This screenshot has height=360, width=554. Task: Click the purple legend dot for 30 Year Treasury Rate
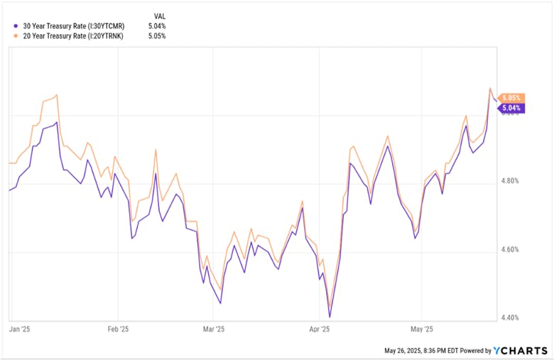click(17, 26)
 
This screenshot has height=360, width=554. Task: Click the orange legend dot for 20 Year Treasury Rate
click(17, 36)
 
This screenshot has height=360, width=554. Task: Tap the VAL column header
click(161, 15)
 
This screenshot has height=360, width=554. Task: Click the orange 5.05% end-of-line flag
click(511, 98)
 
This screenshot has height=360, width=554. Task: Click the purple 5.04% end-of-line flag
click(511, 108)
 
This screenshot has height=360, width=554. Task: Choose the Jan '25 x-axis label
click(19, 329)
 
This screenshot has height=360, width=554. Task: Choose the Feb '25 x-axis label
click(118, 329)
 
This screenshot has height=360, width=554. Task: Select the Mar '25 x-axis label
click(214, 329)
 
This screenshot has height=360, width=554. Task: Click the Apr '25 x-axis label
click(320, 329)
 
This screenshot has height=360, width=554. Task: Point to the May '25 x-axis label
click(422, 329)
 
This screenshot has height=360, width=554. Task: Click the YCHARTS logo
click(521, 350)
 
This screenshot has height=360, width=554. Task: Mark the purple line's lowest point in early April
click(330, 317)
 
